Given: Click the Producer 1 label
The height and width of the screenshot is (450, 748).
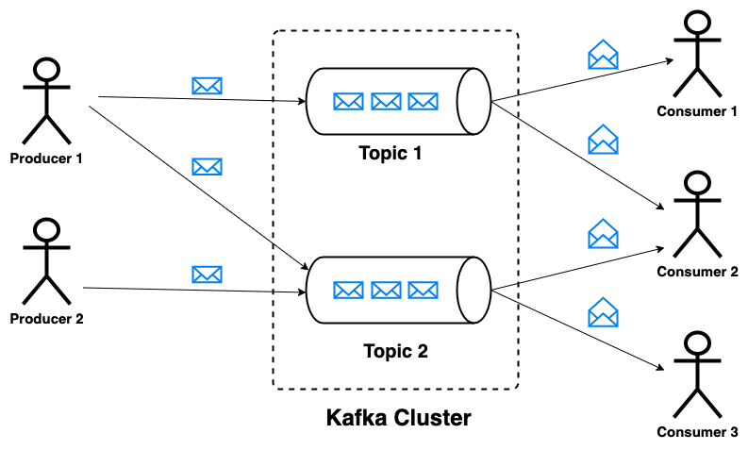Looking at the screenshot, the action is [46, 158].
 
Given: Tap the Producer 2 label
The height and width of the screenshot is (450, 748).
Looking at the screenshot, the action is [47, 319].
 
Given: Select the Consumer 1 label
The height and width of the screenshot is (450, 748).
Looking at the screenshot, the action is [697, 111].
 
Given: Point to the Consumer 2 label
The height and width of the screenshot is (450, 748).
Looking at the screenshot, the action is [697, 272].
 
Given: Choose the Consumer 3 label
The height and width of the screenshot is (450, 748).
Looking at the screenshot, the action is [697, 432].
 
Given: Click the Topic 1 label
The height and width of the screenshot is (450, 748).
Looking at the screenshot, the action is [391, 153].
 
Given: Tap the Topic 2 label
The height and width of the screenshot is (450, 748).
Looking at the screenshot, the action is [395, 351].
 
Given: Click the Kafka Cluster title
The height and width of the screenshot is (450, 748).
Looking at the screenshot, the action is [399, 418].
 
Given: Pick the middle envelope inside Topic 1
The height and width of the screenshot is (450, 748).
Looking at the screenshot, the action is [386, 102].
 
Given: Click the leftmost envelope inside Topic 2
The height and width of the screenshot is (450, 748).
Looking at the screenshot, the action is [348, 291].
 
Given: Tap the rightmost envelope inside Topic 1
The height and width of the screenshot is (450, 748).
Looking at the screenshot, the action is [424, 102].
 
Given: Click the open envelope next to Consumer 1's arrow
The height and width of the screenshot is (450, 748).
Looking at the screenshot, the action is [603, 55].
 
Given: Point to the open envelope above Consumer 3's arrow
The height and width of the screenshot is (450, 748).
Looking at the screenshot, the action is [603, 312].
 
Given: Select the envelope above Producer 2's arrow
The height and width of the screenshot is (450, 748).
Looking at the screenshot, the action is [207, 275].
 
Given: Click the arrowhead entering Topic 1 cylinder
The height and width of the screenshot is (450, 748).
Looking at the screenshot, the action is [302, 101].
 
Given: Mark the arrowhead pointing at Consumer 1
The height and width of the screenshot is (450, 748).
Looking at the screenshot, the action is [670, 60].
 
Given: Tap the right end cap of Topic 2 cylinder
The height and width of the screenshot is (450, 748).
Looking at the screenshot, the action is [474, 291].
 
